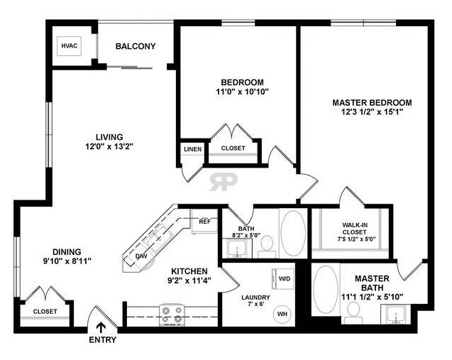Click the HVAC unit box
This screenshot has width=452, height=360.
70,46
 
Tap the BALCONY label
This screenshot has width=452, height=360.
136,46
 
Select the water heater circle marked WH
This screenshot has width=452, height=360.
282,314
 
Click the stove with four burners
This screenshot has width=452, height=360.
172,315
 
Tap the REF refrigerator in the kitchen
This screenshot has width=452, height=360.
204,222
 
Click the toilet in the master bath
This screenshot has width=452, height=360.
353,313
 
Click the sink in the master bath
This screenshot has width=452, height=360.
397,314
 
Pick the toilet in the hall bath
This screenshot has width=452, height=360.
267,247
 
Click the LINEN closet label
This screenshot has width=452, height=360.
192,149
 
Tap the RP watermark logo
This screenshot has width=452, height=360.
224,182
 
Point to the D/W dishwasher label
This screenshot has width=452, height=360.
141,256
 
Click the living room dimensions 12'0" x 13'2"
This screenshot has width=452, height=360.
109,146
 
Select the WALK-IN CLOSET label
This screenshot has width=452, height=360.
355,229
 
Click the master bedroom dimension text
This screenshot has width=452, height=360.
372,111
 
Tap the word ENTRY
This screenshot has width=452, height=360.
103,340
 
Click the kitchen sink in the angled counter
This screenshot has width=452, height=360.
158,239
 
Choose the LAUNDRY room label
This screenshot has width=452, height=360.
255,297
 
